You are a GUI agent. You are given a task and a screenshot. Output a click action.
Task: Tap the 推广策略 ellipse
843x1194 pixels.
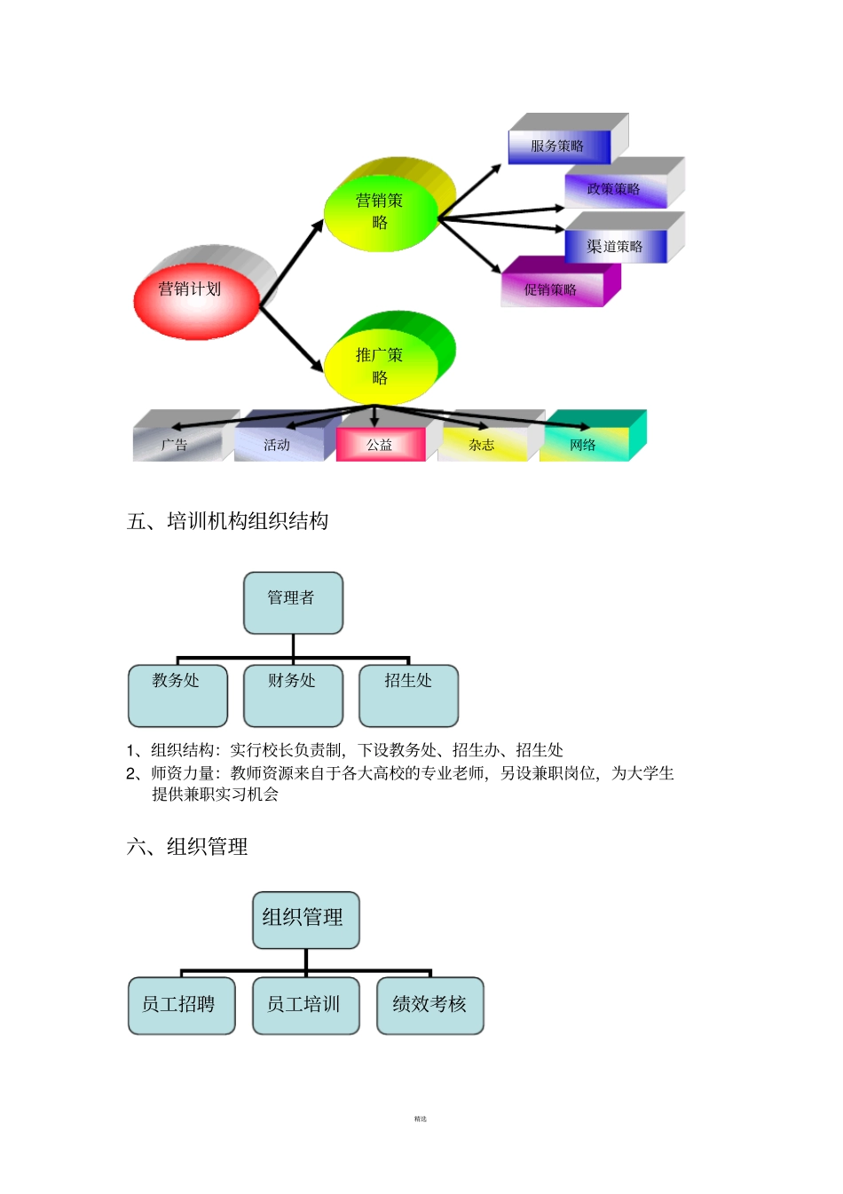[x=381, y=367]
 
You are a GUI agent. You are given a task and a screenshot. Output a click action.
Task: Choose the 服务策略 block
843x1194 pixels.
[x=558, y=146]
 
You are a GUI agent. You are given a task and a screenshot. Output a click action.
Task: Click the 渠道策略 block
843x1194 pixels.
[x=615, y=247]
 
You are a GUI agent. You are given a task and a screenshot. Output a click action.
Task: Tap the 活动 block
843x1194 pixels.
[x=278, y=445]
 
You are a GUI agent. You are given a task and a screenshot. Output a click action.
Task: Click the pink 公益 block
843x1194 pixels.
[x=380, y=445]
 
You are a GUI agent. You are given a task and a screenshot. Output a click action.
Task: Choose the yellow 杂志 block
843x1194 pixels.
[x=482, y=445]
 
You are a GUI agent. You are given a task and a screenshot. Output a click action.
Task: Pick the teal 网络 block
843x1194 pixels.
[x=584, y=445]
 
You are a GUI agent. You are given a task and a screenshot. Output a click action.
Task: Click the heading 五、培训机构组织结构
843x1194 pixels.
[x=228, y=521]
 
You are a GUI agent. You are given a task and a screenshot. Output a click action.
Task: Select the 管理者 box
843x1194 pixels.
[x=293, y=603]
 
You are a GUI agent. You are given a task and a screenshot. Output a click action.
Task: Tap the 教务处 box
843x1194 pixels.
[x=177, y=695]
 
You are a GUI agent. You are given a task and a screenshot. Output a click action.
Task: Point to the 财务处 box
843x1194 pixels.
[x=293, y=695]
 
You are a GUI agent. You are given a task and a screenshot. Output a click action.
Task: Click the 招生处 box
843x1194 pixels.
[x=408, y=695]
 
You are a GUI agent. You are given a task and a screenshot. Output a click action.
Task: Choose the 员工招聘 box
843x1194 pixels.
[x=181, y=1005]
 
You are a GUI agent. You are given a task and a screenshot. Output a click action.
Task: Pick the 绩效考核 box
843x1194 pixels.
[x=429, y=1005]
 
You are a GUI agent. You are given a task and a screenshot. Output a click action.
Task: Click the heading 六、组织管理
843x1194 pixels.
[x=187, y=847]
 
